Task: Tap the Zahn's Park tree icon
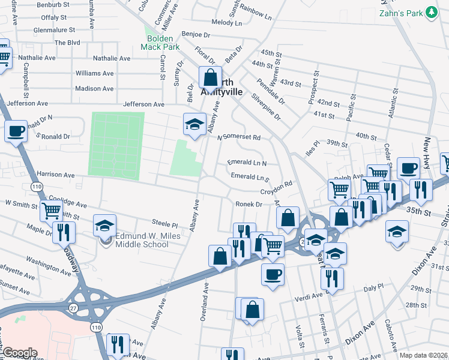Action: tap(430, 13)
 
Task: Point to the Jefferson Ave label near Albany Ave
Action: tap(143, 104)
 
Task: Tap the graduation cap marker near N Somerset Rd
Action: tap(194, 124)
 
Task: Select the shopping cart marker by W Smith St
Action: tap(51, 211)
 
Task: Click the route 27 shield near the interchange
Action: tap(73, 307)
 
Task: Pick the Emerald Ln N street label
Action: tap(247, 163)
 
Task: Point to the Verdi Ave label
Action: tap(309, 298)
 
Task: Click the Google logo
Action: tap(19, 353)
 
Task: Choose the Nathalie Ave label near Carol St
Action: tap(112, 59)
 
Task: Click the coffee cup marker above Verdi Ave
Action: tap(273, 275)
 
